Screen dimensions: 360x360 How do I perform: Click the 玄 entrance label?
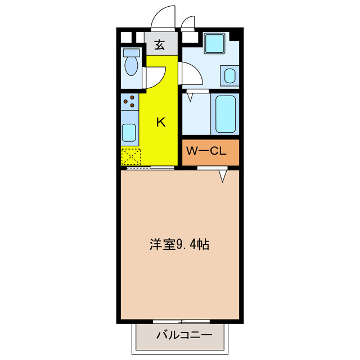(x=160, y=46)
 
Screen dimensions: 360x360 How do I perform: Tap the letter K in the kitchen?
(x=160, y=121)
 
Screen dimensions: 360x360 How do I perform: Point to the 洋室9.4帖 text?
(x=179, y=245)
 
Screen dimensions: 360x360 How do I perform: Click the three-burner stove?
(x=129, y=101)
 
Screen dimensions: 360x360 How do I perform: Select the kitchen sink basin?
(x=129, y=133)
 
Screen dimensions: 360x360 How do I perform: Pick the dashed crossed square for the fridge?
(x=130, y=155)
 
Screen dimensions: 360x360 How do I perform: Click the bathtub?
(x=225, y=114)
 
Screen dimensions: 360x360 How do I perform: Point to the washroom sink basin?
(x=230, y=75)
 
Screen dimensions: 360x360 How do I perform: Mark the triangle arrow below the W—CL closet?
(x=223, y=176)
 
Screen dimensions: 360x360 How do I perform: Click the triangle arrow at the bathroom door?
(x=191, y=96)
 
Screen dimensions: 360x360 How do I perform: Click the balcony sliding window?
(x=181, y=321)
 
